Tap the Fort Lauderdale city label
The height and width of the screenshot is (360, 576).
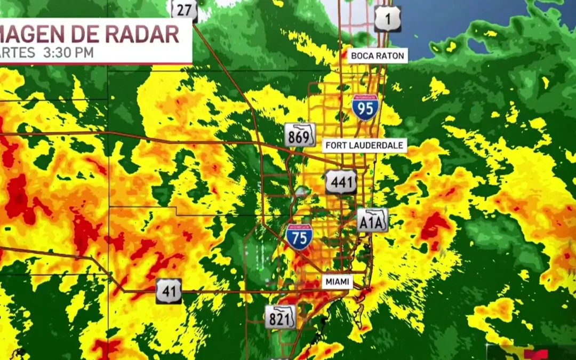click(365, 145)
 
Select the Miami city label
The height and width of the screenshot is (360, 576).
click(337, 282)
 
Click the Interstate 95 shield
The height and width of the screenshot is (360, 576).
click(365, 107)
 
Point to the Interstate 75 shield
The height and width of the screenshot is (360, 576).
click(299, 237)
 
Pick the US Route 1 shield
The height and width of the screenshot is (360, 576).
click(387, 19)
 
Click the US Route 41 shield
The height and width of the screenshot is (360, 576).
click(169, 291)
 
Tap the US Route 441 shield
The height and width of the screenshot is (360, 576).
click(341, 182)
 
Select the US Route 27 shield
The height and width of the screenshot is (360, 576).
click(184, 10)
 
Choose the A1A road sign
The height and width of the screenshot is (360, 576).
click(372, 220)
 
